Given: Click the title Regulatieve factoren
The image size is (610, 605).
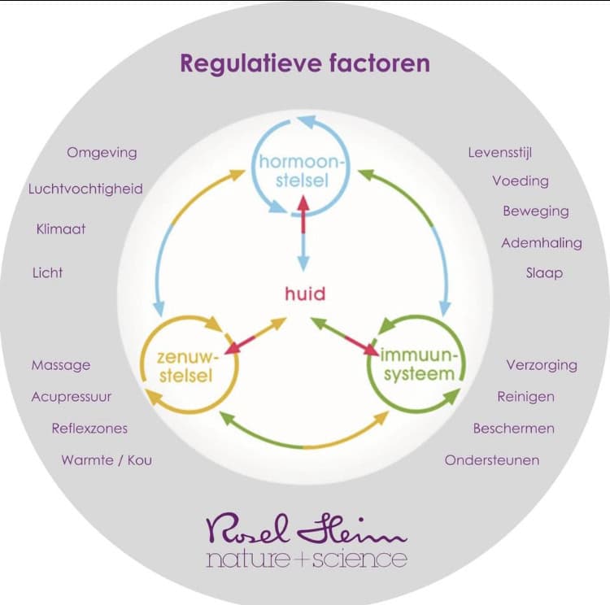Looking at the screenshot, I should [305, 63].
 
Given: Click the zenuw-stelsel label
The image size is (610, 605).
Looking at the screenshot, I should [182, 365].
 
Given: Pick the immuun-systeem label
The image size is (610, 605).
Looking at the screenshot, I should [423, 364].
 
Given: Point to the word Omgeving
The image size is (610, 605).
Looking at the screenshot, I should [102, 152].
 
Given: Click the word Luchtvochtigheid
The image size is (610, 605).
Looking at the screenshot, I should [85, 189].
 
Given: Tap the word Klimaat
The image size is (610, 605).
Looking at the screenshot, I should [61, 229].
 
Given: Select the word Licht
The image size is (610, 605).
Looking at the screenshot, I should [47, 272].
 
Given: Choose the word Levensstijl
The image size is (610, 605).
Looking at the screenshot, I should [500, 152].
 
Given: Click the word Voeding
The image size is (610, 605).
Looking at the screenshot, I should [521, 181].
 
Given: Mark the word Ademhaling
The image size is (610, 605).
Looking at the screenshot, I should [542, 242].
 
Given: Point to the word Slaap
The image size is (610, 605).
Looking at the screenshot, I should [544, 272].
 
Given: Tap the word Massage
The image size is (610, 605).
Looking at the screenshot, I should [61, 365].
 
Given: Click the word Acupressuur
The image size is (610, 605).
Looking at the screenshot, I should [72, 397].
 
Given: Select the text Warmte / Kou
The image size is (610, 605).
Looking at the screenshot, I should [107, 460].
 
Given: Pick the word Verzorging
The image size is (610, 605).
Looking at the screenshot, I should [542, 364].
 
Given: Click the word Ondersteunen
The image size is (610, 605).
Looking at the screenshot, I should [492, 460].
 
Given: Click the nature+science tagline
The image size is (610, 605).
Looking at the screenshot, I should [307, 559].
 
